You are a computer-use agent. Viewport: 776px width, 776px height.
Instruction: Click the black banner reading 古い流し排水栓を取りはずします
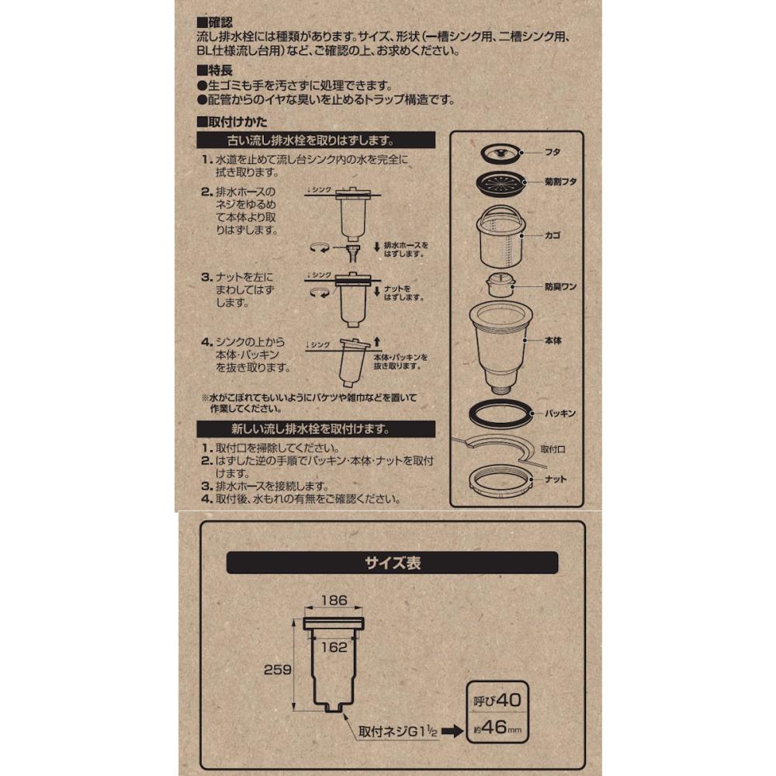coord(316,140)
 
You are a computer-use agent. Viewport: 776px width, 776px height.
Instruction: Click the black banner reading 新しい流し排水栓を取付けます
coord(316,429)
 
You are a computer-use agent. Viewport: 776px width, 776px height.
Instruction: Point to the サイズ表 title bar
coord(392,563)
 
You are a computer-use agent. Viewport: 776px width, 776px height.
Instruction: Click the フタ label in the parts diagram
coord(553,152)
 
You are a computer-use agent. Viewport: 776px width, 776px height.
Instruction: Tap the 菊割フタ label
coord(560,182)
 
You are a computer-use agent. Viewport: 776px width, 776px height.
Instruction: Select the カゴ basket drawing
coord(501,237)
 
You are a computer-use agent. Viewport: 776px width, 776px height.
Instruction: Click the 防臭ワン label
coord(560,286)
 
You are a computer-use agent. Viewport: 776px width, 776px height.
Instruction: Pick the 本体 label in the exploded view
coord(553,341)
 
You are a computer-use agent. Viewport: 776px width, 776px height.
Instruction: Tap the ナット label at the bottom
coord(556,479)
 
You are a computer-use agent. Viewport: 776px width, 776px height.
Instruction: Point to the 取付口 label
coord(553,449)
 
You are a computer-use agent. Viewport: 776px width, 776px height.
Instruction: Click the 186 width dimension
coord(334,601)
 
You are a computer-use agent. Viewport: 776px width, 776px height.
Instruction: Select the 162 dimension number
coord(334,647)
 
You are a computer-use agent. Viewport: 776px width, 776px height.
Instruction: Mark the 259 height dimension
coord(277,670)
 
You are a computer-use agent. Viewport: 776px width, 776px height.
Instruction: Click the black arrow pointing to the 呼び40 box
coord(452,731)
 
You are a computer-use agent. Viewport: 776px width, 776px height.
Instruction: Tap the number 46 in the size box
coord(494,727)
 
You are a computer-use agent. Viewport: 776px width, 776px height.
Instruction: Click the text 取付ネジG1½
coord(398,732)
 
